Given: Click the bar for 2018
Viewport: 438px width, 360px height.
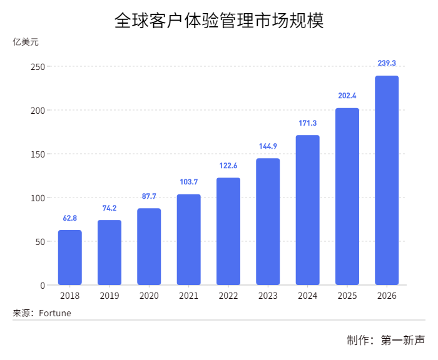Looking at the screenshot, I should (x=70, y=257).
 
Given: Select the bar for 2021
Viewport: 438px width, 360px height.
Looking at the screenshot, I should (x=189, y=239).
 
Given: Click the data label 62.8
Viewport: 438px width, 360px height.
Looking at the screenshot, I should (x=70, y=218).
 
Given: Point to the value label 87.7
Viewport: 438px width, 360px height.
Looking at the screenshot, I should (x=149, y=196).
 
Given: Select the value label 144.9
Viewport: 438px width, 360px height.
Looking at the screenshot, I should (x=268, y=146).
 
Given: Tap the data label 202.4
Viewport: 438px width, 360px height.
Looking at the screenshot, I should (x=347, y=96).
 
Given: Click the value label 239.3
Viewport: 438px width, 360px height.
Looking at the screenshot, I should (x=387, y=63).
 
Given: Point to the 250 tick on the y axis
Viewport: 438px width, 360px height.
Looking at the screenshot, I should (x=38, y=67).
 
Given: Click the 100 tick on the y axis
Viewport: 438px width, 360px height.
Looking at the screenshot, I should (x=38, y=198).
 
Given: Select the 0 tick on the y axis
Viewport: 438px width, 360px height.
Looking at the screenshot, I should (x=43, y=286).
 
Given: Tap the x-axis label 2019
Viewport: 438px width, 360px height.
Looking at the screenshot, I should (x=109, y=296).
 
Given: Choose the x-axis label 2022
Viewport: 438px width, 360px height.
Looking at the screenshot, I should (x=228, y=296).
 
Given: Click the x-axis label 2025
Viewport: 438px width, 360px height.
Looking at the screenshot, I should (x=347, y=296).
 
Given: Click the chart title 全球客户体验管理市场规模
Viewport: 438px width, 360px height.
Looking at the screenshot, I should (x=218, y=21).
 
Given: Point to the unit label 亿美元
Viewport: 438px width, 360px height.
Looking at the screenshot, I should (x=26, y=42).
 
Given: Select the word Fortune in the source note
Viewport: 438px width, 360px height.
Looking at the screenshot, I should (x=55, y=313).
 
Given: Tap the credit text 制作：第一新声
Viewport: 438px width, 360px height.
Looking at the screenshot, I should (x=385, y=341).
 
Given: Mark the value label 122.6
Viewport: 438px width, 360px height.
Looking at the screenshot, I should (x=228, y=166).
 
